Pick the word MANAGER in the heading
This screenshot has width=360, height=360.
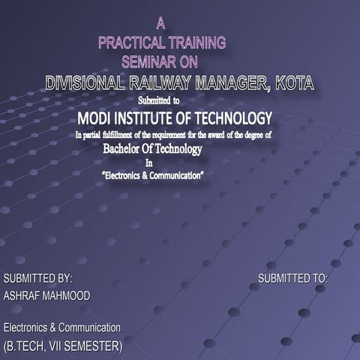pyautogui.click(x=239, y=84)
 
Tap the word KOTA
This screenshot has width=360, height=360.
pyautogui.click(x=294, y=84)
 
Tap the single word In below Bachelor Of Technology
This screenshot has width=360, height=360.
pyautogui.click(x=148, y=162)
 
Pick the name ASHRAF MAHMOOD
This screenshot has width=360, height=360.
pyautogui.click(x=46, y=296)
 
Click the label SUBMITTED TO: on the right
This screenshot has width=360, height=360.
pyautogui.click(x=293, y=278)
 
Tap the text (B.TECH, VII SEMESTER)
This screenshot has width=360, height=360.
pyautogui.click(x=63, y=347)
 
